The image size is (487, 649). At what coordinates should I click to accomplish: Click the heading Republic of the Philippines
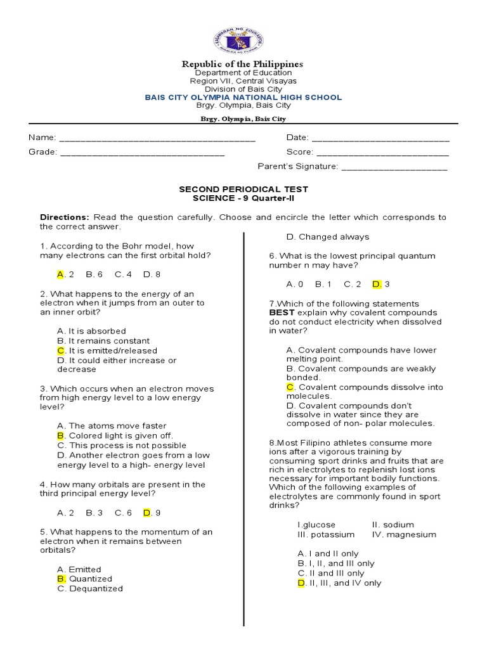click(x=243, y=64)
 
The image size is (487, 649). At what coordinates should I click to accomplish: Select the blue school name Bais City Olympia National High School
click(x=243, y=98)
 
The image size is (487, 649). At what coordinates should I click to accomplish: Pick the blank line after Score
click(x=382, y=153)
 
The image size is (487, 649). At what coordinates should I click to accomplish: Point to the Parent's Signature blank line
click(x=394, y=167)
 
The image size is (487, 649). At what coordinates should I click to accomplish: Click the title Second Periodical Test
click(x=243, y=189)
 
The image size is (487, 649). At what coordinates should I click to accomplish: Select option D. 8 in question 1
click(x=152, y=274)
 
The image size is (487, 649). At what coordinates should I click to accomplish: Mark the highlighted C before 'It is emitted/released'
click(x=61, y=350)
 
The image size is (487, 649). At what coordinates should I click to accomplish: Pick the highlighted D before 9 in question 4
click(x=146, y=513)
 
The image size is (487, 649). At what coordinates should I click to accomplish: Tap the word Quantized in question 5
click(x=90, y=579)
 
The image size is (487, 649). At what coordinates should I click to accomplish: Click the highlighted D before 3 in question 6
click(x=376, y=284)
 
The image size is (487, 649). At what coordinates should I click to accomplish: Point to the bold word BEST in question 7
click(x=282, y=312)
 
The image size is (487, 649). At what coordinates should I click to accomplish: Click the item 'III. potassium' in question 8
click(x=326, y=534)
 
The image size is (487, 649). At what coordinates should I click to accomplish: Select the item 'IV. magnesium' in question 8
click(x=404, y=534)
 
